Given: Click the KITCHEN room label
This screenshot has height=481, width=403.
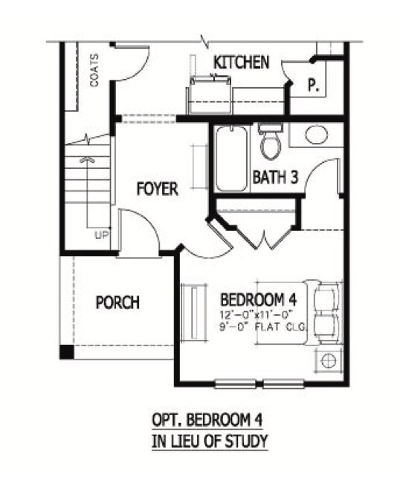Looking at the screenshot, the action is [242, 63].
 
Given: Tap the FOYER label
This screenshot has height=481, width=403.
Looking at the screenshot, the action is [158, 188].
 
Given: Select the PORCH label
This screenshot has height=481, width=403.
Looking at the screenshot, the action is [117, 302].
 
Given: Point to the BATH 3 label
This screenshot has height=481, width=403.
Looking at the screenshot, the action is [275, 177].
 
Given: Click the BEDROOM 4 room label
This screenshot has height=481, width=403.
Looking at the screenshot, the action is [259, 300].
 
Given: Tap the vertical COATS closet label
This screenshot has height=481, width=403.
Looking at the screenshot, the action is [95, 70].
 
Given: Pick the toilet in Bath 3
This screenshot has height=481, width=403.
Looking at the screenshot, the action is [271, 141].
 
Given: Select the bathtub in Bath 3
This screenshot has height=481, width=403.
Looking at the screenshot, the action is [231, 159].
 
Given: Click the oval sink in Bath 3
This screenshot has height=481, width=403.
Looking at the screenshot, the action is [317, 135].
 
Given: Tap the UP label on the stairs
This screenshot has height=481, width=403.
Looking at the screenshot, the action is [102, 235].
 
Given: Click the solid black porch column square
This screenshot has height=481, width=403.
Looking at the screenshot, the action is [67, 352].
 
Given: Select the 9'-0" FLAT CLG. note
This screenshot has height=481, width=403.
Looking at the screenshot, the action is [262, 327].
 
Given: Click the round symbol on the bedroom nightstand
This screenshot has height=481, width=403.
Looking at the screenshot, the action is [329, 360].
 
